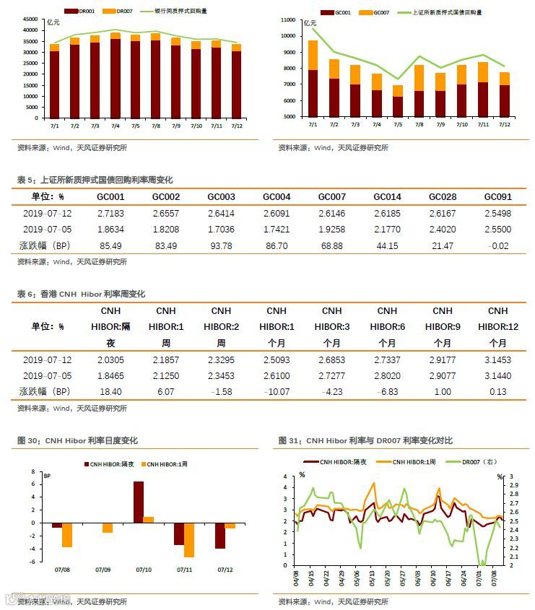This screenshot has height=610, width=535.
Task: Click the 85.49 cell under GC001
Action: (x=110, y=246)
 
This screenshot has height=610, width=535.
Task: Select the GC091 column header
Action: (x=497, y=197)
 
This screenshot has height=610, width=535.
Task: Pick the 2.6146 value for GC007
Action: (x=331, y=214)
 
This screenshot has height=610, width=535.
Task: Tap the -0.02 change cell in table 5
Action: (x=497, y=246)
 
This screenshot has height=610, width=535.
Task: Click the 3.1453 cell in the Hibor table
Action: (x=497, y=360)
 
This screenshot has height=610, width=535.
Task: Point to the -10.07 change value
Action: (x=277, y=391)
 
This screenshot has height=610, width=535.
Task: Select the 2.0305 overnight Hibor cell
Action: (x=110, y=360)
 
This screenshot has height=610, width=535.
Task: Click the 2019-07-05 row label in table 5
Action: (x=48, y=230)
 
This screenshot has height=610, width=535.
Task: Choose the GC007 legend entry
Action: (x=376, y=12)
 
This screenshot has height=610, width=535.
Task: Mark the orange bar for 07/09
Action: (x=108, y=528)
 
